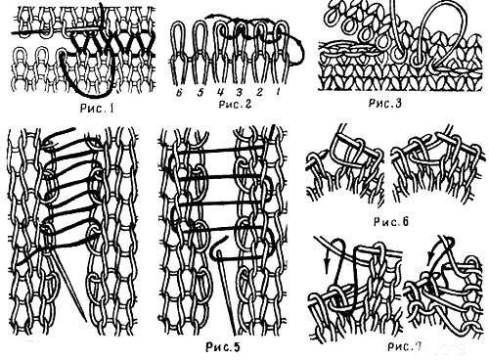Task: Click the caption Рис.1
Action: click(97, 109)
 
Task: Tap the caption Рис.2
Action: click(235, 104)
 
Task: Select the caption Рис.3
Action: click(385, 103)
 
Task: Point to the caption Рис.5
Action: click(223, 347)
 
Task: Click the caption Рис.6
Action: click(391, 222)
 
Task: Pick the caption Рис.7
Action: click(404, 346)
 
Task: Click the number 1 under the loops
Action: click(278, 93)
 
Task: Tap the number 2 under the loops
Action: click(259, 93)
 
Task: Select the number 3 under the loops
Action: click(240, 93)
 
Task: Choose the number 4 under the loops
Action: click(220, 93)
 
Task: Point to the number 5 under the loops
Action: click(200, 93)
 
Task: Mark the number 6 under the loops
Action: click(179, 93)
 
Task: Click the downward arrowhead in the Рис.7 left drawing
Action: click(328, 262)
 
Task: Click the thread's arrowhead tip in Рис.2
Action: click(206, 18)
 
